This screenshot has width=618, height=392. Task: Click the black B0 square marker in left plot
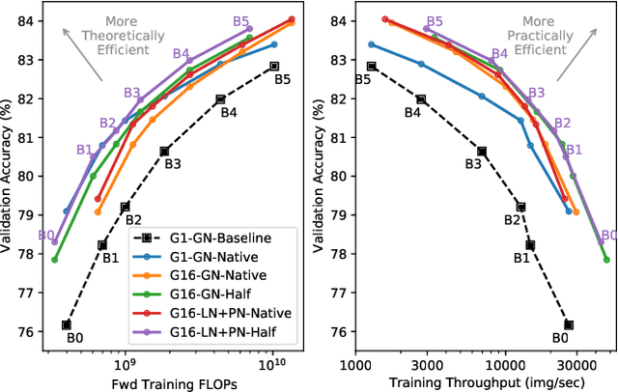67,324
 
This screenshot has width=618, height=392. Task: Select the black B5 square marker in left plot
274,66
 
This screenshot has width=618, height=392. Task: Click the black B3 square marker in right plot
481,151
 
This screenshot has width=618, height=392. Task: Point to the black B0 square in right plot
569,324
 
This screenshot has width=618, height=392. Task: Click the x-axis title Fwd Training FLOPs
173,382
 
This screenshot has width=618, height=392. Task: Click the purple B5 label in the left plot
241,20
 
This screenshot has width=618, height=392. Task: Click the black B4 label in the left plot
229,112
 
